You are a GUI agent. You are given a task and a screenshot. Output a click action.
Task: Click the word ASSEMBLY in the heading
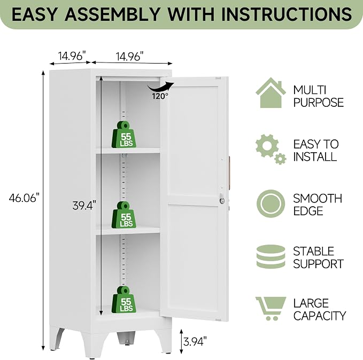click(112, 14)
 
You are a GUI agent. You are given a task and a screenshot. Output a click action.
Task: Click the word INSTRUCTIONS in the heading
click(287, 14)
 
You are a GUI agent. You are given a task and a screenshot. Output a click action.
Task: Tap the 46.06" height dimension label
click(24, 198)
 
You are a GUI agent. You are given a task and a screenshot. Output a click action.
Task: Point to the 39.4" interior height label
click(84, 205)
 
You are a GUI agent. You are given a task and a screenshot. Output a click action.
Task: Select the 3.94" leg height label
click(195, 341)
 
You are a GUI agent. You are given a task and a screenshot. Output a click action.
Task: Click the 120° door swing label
click(160, 96)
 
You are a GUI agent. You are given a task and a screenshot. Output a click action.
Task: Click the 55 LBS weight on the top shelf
click(124, 135)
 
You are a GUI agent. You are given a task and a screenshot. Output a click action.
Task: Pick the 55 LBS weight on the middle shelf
click(124, 215)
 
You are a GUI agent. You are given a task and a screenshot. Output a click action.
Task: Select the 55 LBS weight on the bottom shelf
click(124, 300)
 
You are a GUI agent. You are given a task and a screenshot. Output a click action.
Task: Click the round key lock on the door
click(222, 201)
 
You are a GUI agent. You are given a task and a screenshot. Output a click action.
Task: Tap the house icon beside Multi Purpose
click(271, 92)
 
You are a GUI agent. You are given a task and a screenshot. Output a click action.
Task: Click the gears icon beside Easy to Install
click(271, 149)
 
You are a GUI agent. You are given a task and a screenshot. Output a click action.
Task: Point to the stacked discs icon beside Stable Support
click(271, 256)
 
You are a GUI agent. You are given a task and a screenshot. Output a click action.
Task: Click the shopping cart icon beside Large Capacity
click(271, 308)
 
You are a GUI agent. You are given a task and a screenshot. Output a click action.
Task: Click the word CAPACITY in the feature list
click(320, 316)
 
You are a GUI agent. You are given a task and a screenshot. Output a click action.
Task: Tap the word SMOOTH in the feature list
click(318, 199)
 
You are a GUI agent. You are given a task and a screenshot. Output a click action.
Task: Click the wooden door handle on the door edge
click(229, 173)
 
